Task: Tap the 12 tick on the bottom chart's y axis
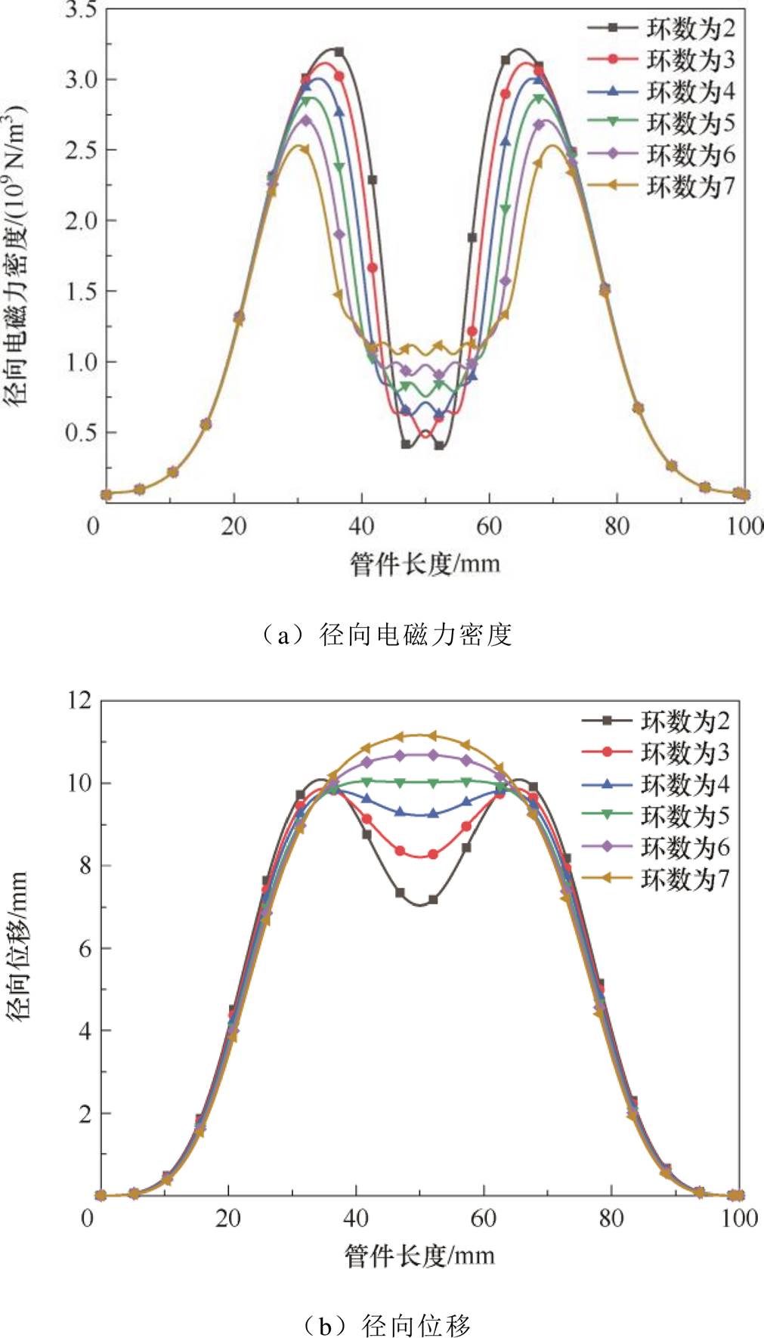click(x=77, y=700)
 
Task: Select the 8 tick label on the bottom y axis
click(x=84, y=866)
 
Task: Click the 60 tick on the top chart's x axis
click(x=489, y=526)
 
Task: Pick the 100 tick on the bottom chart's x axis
click(x=738, y=1218)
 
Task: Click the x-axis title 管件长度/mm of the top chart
click(x=425, y=564)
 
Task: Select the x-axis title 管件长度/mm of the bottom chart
click(x=419, y=1256)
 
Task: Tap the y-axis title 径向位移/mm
click(x=17, y=946)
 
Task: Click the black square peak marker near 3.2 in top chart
click(x=339, y=52)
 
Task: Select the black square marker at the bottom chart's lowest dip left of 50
click(x=400, y=892)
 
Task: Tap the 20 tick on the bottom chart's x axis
click(x=227, y=1218)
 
